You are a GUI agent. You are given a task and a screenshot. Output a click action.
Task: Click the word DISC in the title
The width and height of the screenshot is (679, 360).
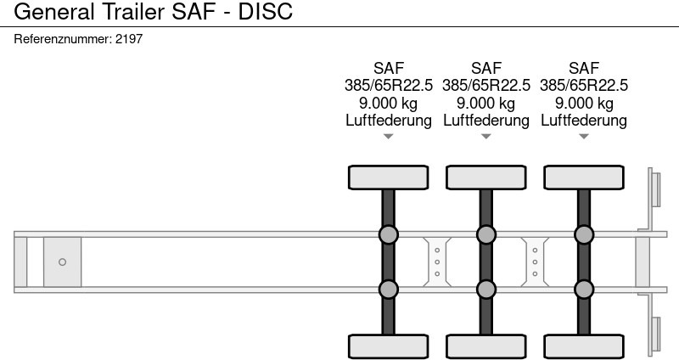click(266, 11)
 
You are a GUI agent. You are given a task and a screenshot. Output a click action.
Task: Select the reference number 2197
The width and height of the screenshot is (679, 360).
click(129, 39)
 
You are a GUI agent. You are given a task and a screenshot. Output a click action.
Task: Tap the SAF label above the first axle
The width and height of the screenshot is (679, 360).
click(389, 68)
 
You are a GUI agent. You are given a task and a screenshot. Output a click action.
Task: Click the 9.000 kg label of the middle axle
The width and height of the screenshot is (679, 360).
click(485, 103)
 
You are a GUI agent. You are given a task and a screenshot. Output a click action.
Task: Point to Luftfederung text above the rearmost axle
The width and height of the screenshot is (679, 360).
click(584, 121)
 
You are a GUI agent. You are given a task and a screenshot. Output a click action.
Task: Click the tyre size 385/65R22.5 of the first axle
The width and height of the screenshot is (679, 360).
click(389, 86)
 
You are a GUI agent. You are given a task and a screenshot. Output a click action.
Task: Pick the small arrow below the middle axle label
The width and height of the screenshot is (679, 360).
click(485, 137)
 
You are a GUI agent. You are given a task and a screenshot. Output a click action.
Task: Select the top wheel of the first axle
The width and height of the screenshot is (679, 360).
click(389, 177)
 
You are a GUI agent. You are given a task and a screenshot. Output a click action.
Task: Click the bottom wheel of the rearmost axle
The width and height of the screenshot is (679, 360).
click(584, 347)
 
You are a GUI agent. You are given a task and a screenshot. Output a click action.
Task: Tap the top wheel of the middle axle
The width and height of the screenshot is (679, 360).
click(485, 177)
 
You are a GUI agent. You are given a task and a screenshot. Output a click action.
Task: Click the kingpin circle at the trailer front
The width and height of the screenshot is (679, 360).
click(62, 262)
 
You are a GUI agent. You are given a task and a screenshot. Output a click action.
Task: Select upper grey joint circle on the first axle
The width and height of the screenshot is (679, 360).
click(389, 235)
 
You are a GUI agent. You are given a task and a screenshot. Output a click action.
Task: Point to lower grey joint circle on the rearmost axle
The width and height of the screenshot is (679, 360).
click(584, 290)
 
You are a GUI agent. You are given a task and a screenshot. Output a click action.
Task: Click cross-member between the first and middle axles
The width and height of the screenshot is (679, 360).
click(437, 262)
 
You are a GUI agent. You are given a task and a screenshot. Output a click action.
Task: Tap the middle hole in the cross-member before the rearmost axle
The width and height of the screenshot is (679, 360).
click(535, 262)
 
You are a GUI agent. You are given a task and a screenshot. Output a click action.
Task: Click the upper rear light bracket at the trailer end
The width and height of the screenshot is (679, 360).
click(653, 199)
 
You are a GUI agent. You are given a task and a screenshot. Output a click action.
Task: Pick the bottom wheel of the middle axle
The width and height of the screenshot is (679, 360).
click(485, 347)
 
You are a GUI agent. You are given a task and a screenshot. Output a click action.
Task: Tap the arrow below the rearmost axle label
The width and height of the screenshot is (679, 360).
click(584, 137)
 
